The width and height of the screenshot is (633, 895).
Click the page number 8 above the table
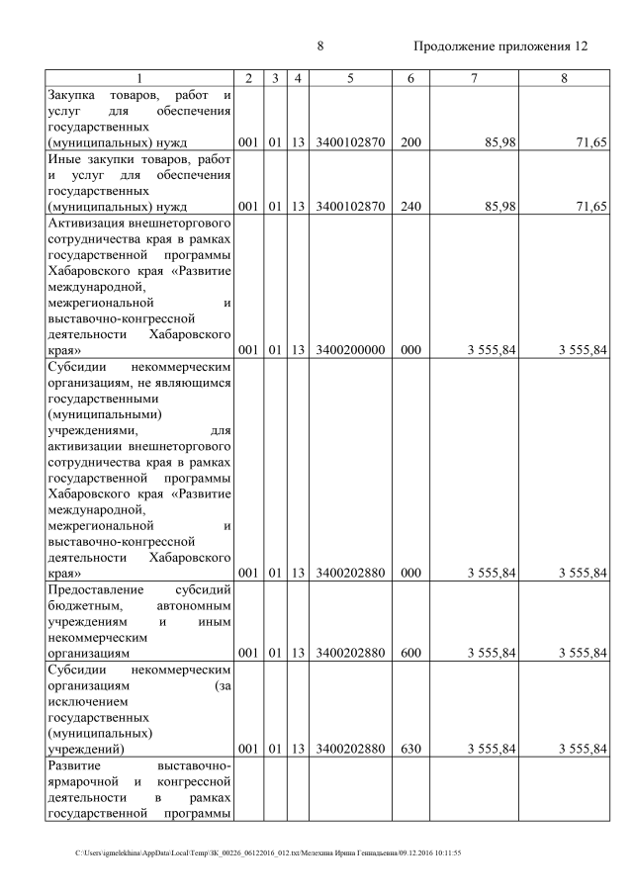[x=320, y=46]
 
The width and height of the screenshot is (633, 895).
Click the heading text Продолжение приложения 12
[x=500, y=46]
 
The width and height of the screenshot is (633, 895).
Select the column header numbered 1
[x=139, y=78]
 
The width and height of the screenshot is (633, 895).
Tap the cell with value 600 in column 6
[x=410, y=654]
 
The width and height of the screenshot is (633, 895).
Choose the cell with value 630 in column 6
[x=410, y=750]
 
